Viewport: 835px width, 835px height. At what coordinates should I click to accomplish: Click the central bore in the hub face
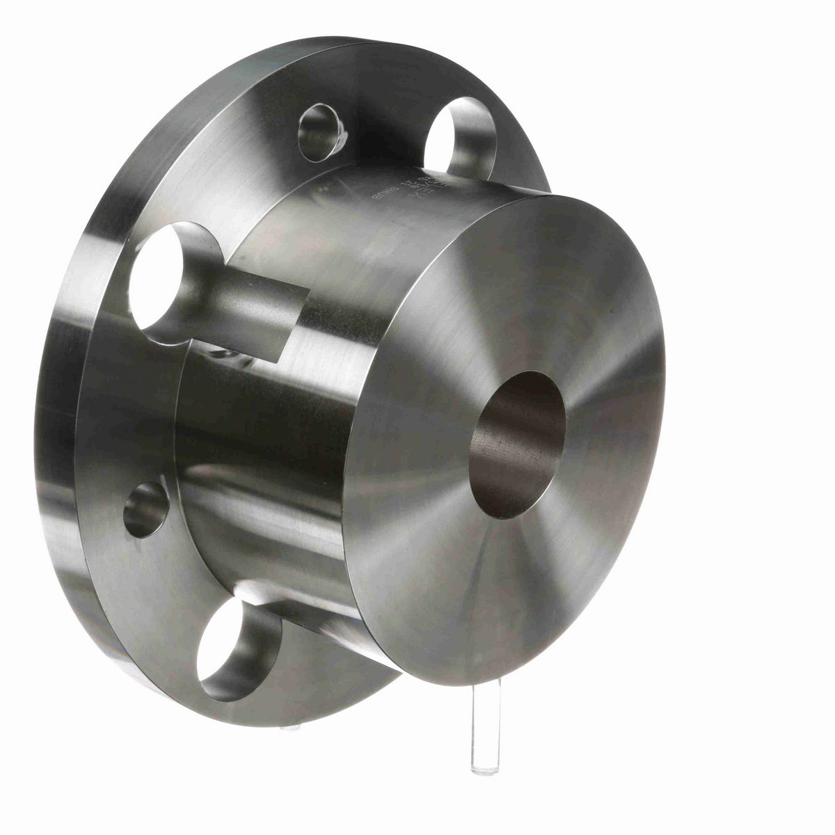click(518, 445)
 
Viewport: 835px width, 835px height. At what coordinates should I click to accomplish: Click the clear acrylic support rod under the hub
click(483, 717)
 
